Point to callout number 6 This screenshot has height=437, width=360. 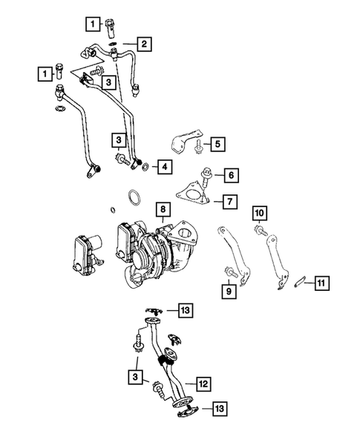[232, 175]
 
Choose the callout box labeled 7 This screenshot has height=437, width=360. [231, 200]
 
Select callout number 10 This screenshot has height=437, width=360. [259, 215]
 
